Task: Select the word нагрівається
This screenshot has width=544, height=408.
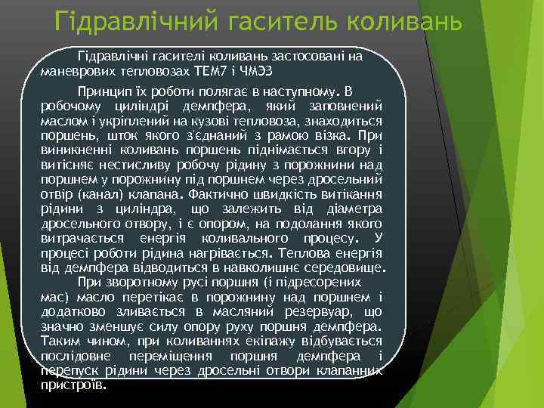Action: point(227,253)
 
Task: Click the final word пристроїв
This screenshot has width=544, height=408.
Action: point(73,384)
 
